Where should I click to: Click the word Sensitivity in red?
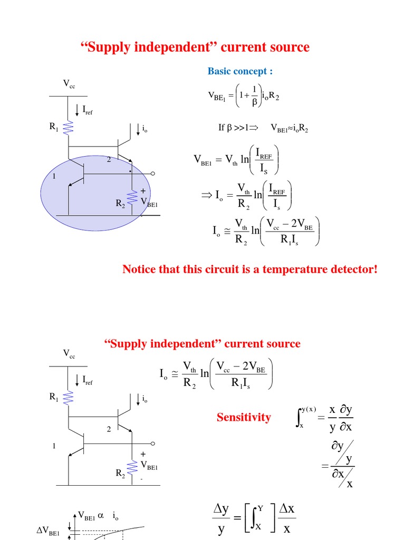[244, 418]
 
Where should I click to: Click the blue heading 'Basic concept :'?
[240, 71]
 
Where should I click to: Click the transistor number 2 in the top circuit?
[109, 159]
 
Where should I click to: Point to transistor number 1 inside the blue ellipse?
[54, 177]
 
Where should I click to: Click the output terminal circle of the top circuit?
[153, 173]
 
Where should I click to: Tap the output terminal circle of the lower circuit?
[153, 444]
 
